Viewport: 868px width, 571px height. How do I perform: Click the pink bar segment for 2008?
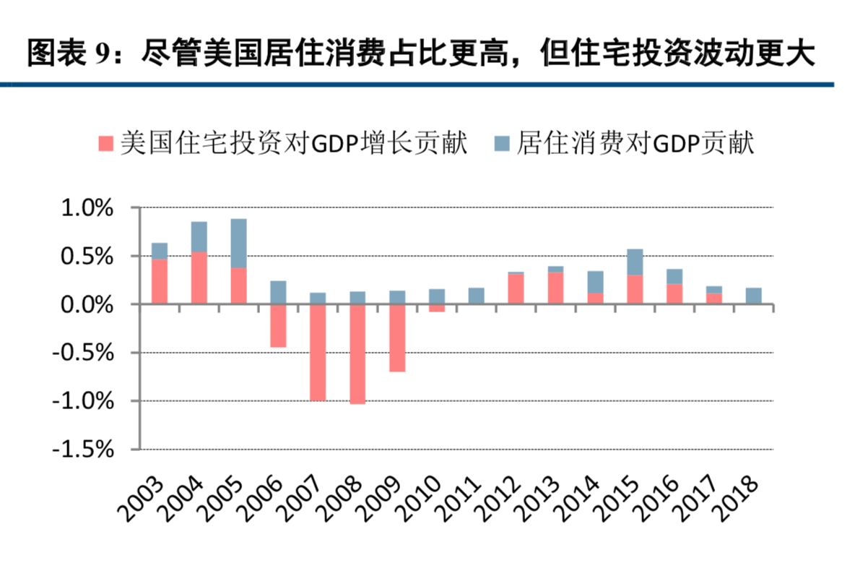357,354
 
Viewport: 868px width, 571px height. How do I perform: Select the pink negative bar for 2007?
318,353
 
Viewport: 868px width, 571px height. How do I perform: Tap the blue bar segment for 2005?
238,244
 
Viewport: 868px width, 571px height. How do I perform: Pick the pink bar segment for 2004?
199,278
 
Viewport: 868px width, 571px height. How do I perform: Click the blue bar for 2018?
754,296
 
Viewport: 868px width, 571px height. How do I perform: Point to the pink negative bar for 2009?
397,338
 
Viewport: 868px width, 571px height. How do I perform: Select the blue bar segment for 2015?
635,262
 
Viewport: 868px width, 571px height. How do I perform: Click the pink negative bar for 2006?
278,326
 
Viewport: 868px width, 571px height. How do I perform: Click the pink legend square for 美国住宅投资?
105,143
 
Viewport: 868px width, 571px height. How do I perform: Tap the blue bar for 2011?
476,296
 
